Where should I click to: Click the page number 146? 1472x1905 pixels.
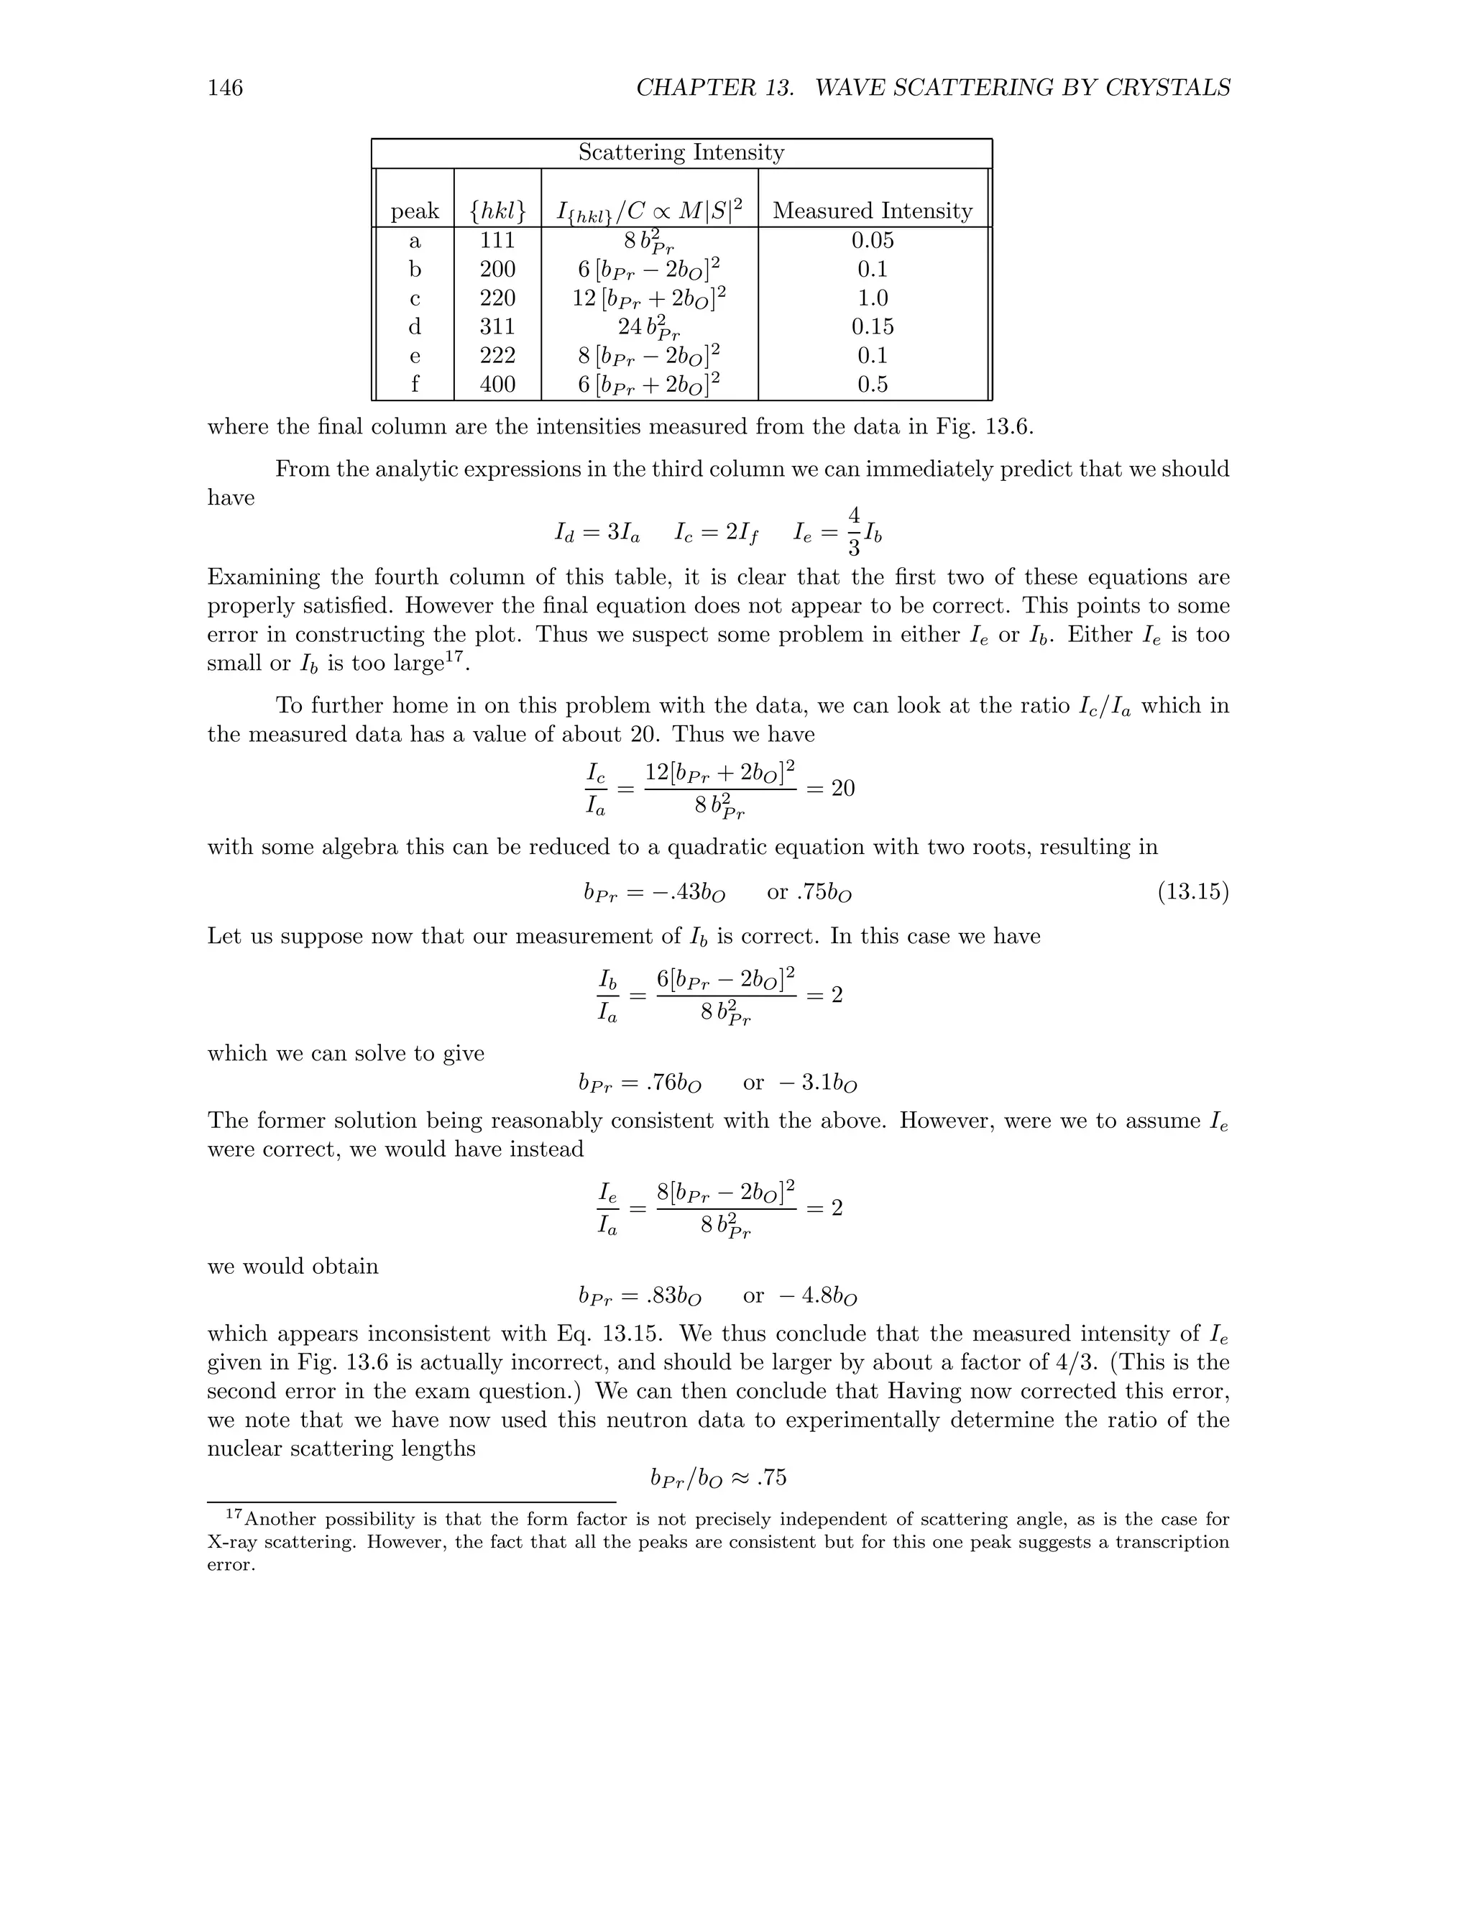coord(225,88)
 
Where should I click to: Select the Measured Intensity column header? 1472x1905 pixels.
coord(872,211)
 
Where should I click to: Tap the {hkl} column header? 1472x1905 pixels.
coord(497,211)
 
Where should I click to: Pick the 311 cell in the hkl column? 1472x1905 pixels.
coord(497,326)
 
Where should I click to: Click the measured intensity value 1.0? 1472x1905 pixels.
coord(872,298)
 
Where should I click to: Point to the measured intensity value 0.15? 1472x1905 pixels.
coord(872,326)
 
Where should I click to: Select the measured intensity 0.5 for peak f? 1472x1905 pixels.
coord(872,384)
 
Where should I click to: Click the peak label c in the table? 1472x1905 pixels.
coord(415,298)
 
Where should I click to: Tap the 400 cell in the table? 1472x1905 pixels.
coord(497,384)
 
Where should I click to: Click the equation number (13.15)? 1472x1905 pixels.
coord(1193,892)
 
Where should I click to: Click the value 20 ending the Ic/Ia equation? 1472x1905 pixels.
coord(842,789)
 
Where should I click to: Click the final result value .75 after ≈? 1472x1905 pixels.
coord(772,1477)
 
